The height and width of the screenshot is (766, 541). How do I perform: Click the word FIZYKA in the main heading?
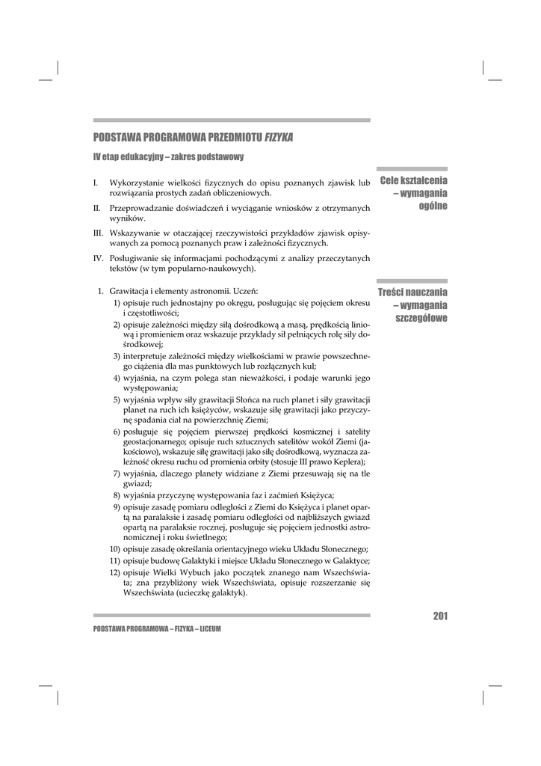(278, 138)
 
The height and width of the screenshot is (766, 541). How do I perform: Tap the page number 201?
(439, 616)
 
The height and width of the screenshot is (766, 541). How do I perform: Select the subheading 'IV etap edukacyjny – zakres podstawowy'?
(168, 157)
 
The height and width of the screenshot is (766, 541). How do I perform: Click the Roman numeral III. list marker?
(98, 233)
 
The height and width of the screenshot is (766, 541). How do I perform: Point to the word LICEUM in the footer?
(209, 629)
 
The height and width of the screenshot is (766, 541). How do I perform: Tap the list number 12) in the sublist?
(115, 572)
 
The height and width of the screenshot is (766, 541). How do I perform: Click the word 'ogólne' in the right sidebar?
(433, 206)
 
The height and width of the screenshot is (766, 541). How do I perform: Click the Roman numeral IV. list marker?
(98, 258)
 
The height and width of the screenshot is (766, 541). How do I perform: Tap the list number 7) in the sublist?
(117, 474)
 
